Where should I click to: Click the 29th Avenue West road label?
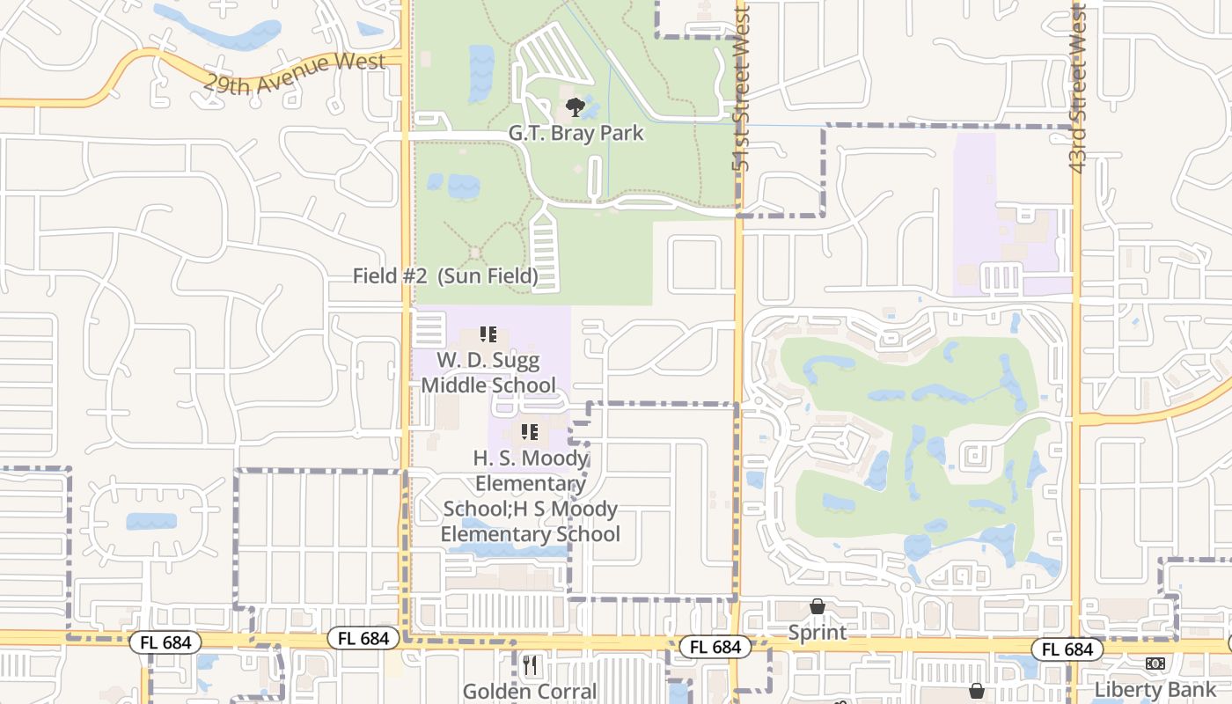point(295,74)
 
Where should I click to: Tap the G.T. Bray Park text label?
point(576,134)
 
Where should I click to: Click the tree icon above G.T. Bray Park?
point(576,107)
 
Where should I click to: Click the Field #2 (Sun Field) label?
point(445,275)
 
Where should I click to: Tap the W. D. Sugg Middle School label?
point(488,372)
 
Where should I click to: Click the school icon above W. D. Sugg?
point(488,334)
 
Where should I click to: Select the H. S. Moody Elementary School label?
point(531,495)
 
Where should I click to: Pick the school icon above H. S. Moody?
point(530,431)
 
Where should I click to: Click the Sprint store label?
point(818,632)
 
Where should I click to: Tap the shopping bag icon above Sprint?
point(818,606)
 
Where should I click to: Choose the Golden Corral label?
point(530,692)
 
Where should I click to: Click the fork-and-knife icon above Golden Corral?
point(530,666)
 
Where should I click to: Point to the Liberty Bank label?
point(1155,688)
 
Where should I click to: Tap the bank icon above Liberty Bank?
point(1155,663)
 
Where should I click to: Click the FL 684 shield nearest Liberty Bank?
point(1067,649)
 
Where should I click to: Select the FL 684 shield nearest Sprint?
point(715,647)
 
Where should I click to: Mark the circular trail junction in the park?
point(475,253)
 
